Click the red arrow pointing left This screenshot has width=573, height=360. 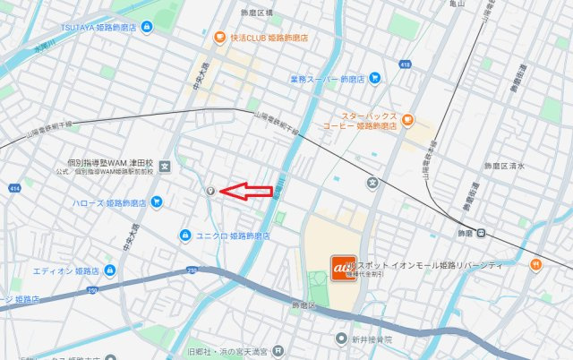(246, 190)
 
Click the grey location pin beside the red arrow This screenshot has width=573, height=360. (210, 191)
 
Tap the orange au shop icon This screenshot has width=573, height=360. (340, 266)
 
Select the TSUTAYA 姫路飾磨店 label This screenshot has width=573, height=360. (98, 28)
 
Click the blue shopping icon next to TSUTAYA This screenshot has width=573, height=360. (147, 28)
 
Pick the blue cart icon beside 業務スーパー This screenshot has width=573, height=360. (374, 79)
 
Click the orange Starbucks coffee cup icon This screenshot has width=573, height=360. (407, 117)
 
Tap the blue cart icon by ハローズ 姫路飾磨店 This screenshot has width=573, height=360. (158, 202)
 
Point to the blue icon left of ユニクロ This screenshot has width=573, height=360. (184, 236)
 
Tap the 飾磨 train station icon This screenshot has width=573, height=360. (482, 234)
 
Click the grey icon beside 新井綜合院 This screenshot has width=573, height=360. (341, 339)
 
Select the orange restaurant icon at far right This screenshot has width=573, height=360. (536, 263)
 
